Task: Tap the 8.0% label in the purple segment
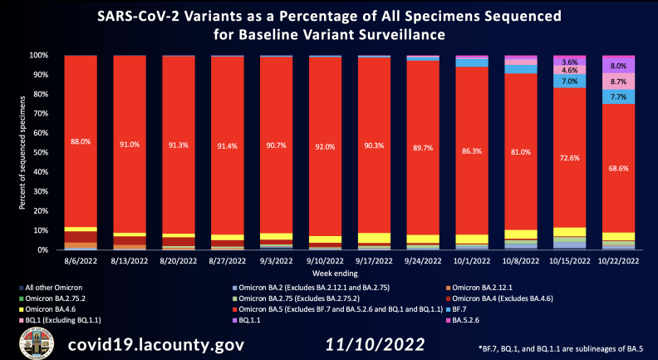tap(618, 66)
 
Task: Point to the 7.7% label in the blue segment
tap(618, 97)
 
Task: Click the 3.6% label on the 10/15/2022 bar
tap(570, 62)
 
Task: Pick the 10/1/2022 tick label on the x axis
tap(472, 260)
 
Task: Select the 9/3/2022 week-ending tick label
tap(277, 260)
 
